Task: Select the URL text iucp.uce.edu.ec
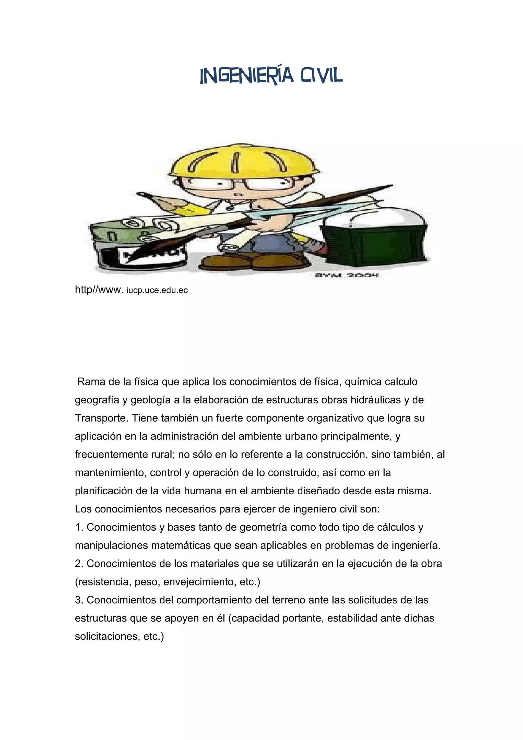[x=157, y=290]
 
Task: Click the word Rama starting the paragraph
[x=91, y=381]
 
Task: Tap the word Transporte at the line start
[x=101, y=418]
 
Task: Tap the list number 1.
[x=79, y=527]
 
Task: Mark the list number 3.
[x=79, y=600]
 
